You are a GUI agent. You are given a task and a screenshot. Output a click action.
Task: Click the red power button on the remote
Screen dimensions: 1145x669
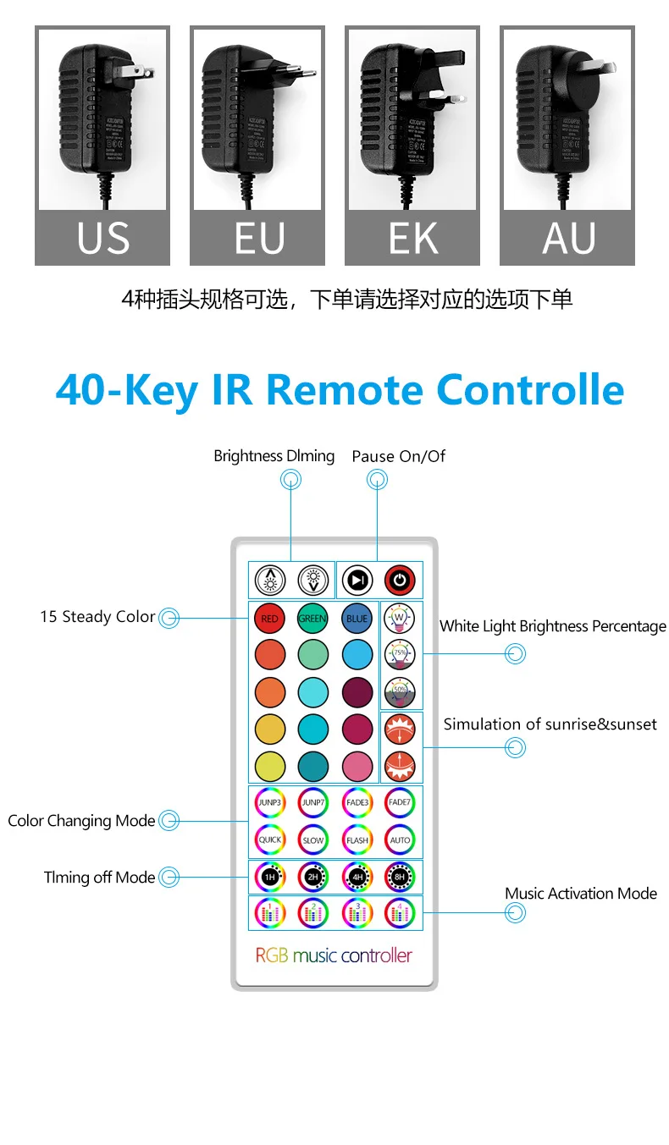(400, 581)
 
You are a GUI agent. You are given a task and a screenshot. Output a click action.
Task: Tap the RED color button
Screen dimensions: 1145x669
(269, 619)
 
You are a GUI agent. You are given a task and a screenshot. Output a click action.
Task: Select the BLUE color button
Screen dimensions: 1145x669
(357, 619)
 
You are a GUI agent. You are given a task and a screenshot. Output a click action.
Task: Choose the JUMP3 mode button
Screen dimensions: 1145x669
(269, 802)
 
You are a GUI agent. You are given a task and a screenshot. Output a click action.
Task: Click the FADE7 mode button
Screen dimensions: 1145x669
(400, 802)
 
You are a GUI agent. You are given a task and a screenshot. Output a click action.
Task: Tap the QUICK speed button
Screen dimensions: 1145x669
(269, 840)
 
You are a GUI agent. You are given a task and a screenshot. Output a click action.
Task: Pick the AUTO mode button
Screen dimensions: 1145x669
(400, 840)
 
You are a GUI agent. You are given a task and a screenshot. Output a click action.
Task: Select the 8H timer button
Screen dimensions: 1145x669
(400, 878)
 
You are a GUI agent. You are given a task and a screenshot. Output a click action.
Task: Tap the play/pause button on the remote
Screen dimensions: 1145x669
(357, 581)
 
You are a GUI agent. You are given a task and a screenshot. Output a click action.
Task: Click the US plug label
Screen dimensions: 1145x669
(102, 239)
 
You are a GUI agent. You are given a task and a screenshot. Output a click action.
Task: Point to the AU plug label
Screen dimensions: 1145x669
(567, 239)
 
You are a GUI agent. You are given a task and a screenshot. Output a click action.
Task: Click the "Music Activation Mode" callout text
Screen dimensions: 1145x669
(580, 894)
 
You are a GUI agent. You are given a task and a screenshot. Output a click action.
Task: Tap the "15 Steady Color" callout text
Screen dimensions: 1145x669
(97, 617)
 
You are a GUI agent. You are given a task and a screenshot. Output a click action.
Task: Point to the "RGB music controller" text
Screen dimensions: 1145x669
(334, 955)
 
